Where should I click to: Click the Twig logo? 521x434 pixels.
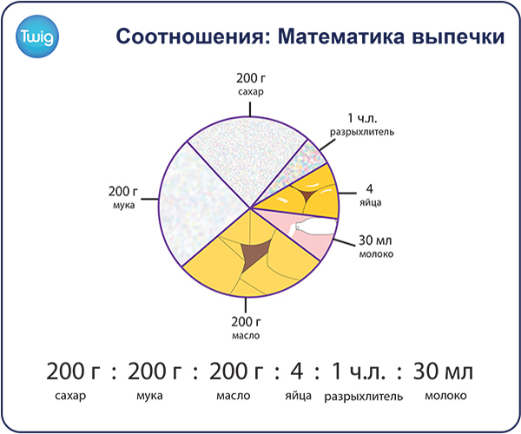coord(37,36)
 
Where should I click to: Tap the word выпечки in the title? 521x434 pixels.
coord(458,36)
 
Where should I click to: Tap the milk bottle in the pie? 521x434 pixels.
coord(314,228)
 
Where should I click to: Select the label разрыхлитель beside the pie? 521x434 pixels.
coord(362,132)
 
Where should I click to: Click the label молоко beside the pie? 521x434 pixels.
coord(376,254)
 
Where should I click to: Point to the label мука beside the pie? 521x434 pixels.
coord(123,205)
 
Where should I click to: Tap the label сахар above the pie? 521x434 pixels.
coord(251,92)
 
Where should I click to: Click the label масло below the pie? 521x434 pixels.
coord(246,335)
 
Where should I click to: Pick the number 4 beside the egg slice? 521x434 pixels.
coord(370,188)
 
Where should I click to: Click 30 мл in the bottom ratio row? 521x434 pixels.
coord(443,371)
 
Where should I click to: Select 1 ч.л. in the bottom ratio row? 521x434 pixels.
coord(359,371)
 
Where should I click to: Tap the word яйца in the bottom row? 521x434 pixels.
coord(299,396)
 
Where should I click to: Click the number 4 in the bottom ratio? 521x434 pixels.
coord(297,371)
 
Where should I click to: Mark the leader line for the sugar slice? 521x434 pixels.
coord(250,109)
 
